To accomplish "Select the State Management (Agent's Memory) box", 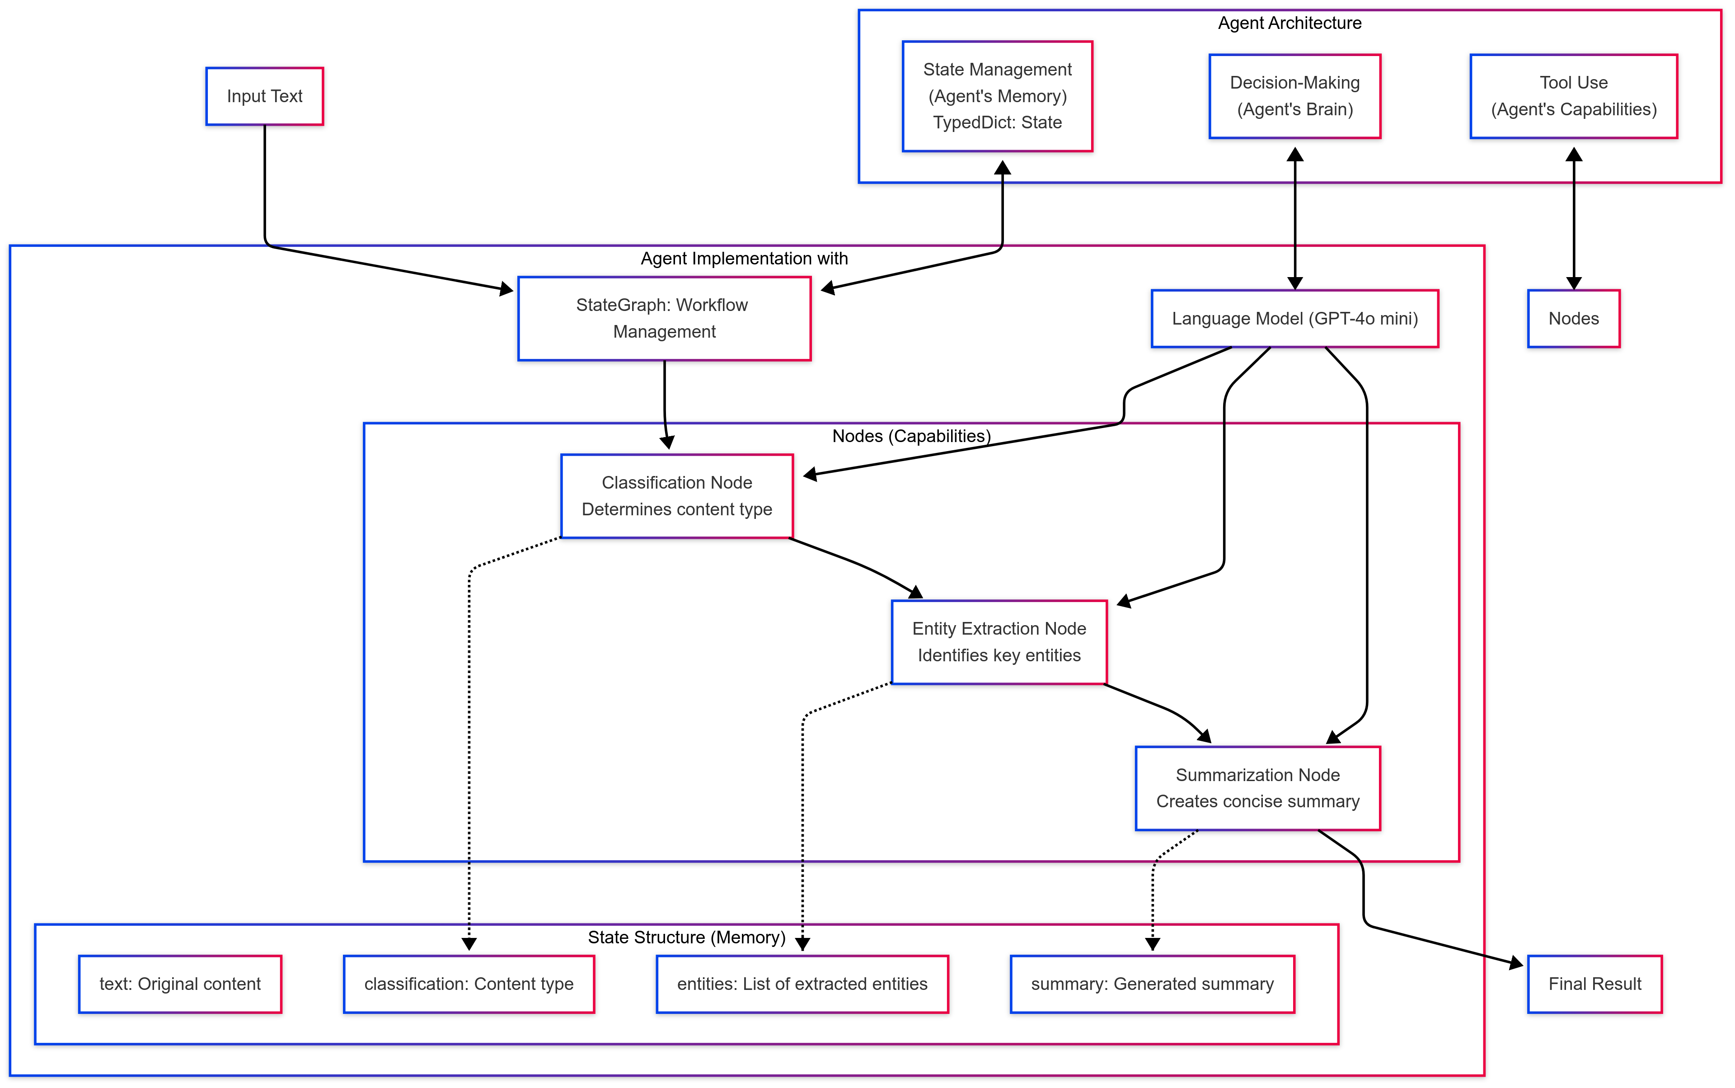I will [x=997, y=96].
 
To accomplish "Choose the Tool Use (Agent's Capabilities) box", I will [x=1573, y=96].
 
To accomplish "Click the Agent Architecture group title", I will [x=1289, y=23].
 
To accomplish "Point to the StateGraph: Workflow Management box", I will [x=664, y=318].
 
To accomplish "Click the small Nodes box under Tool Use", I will [x=1573, y=319].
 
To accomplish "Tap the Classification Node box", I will [x=676, y=496].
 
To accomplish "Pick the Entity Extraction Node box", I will [x=999, y=642].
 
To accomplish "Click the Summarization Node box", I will [x=1257, y=788].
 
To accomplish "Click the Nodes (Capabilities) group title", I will [x=911, y=436].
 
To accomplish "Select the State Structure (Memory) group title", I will [x=686, y=937].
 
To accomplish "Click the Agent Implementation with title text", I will [x=744, y=259].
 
